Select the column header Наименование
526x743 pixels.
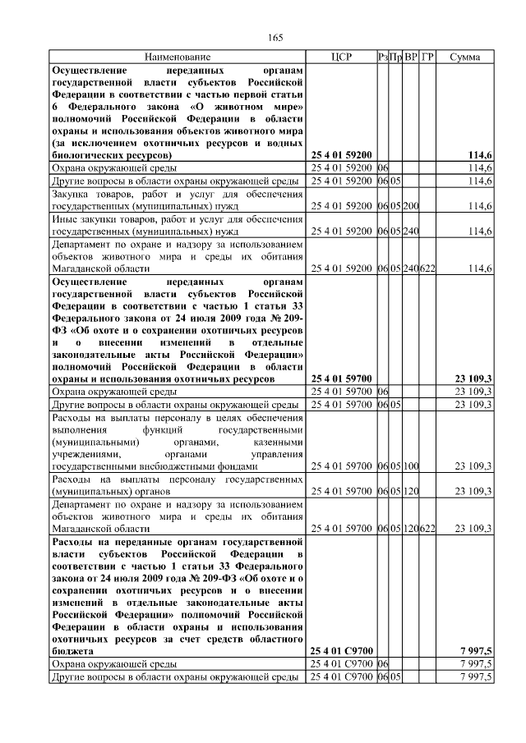tap(178, 57)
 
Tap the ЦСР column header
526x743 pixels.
tap(340, 57)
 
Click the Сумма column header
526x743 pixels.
tap(465, 57)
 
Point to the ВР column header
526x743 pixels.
tap(411, 57)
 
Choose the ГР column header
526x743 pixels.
tap(427, 57)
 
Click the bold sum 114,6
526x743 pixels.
tap(479, 154)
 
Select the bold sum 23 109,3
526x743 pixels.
tap(473, 378)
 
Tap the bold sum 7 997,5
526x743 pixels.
tap(477, 650)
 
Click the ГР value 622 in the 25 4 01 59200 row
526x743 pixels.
tap(427, 268)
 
